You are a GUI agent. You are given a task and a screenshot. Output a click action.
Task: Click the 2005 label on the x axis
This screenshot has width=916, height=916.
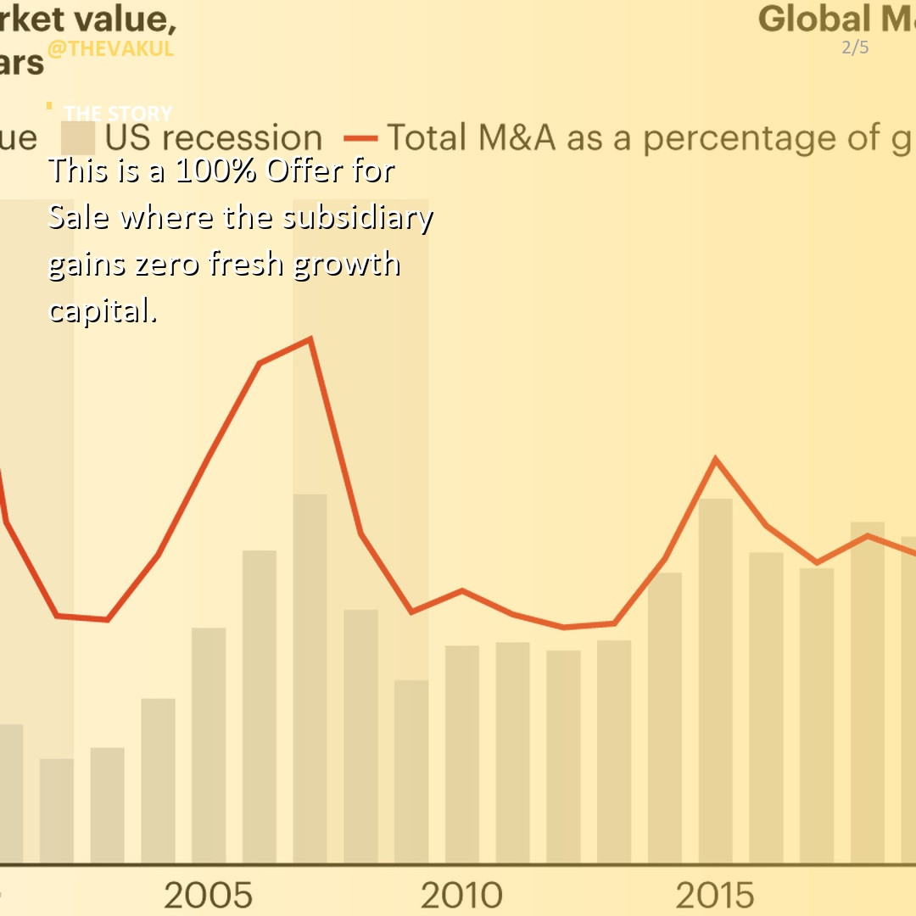[208, 895]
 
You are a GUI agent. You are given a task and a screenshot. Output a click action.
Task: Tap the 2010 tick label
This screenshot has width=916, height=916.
[461, 895]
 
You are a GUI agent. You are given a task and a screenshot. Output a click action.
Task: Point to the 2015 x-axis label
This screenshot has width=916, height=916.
[714, 895]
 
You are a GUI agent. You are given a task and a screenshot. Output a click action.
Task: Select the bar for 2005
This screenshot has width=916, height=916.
[209, 746]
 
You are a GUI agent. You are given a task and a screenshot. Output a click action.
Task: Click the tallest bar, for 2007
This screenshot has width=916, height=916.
[310, 679]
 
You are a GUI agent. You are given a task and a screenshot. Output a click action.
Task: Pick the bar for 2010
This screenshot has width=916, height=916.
[461, 755]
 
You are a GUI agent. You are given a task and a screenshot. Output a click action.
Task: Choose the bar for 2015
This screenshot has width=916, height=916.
[715, 679]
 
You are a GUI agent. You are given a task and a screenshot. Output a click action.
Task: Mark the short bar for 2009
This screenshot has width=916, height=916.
[411, 772]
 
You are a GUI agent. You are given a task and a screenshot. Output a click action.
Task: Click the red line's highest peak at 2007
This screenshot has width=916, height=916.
[310, 339]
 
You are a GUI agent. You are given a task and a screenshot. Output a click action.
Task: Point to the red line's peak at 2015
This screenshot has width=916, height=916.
[716, 461]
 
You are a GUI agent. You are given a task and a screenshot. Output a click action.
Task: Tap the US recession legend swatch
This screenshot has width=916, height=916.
[77, 138]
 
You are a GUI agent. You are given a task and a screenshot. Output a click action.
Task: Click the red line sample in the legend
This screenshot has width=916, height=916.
[360, 138]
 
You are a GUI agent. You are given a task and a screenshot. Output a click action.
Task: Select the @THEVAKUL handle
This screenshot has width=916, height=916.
[110, 48]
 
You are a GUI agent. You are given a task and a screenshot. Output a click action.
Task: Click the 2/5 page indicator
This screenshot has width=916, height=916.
[855, 47]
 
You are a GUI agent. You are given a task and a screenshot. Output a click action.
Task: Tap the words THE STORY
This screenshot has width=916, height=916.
[118, 113]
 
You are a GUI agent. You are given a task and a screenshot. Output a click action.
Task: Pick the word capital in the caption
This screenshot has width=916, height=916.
[102, 310]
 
